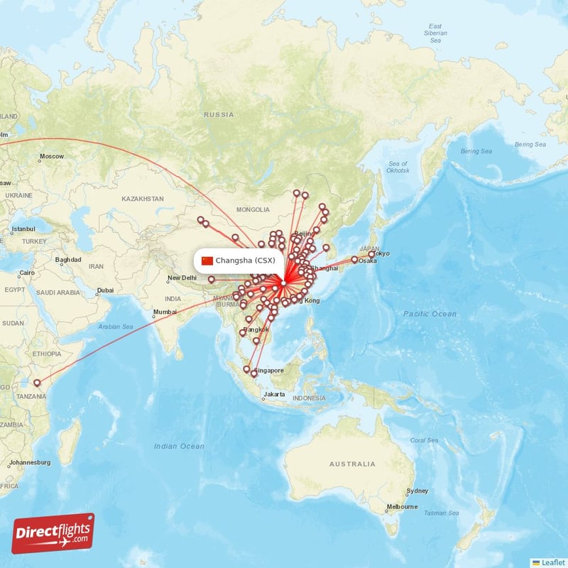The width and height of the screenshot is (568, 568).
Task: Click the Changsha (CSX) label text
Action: tap(245, 261)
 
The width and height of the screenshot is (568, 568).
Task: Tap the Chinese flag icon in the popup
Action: tap(207, 261)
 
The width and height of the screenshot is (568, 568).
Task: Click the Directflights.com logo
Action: tap(53, 533)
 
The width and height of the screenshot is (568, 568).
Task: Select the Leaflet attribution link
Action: tap(552, 562)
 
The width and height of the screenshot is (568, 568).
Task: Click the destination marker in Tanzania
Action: tap(37, 383)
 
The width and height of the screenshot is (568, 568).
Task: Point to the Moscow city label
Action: tap(51, 156)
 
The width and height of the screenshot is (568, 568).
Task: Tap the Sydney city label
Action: tap(417, 491)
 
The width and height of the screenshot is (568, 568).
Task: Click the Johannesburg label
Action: tap(29, 462)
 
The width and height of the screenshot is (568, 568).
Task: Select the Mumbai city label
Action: tap(164, 312)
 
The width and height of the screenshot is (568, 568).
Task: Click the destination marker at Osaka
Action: tap(354, 259)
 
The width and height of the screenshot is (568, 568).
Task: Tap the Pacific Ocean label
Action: tap(430, 314)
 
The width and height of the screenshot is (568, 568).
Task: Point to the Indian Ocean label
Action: tap(179, 446)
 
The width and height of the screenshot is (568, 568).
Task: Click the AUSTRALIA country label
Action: tap(352, 464)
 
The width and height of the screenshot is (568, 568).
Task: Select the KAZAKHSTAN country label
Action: tap(142, 199)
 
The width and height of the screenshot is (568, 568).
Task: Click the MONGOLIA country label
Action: tap(253, 209)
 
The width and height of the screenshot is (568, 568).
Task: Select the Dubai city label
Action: tap(105, 290)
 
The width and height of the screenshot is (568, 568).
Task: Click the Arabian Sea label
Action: tap(117, 327)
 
